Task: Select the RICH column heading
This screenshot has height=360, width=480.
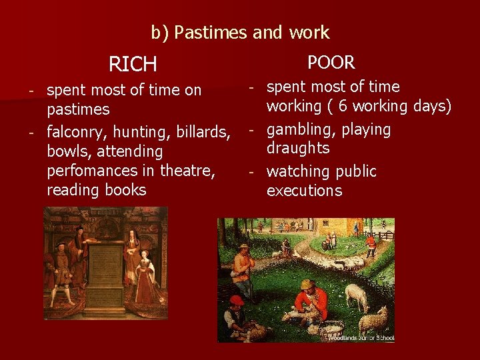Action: (x=133, y=65)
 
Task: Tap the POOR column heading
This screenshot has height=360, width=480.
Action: (x=331, y=63)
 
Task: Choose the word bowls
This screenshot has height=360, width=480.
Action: (x=69, y=151)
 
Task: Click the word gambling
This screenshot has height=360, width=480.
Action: (x=300, y=129)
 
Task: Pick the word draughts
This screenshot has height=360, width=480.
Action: (x=298, y=148)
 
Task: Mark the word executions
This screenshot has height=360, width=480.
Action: (x=304, y=191)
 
